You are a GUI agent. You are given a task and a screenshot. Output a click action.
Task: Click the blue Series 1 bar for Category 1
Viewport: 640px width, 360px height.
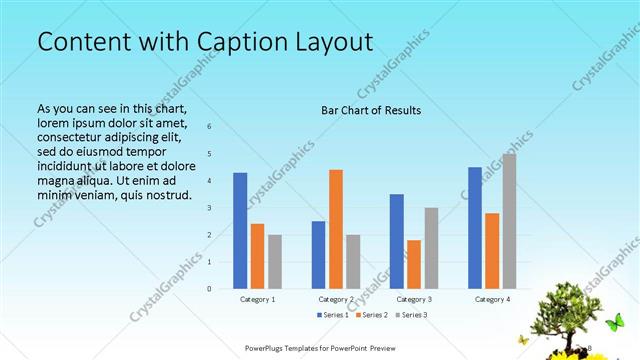[240, 230]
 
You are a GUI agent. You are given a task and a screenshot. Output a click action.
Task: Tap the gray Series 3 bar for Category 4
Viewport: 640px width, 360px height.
[509, 221]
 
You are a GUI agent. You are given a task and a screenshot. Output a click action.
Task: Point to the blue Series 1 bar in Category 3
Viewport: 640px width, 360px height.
[397, 240]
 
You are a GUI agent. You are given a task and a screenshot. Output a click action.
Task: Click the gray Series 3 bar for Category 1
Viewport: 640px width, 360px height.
[275, 261]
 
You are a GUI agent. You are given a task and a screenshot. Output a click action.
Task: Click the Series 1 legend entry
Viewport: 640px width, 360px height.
[334, 315]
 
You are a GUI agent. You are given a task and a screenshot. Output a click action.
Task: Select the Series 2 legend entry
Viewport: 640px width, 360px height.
[371, 315]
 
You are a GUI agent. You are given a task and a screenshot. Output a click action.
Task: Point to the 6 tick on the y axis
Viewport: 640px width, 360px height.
[210, 126]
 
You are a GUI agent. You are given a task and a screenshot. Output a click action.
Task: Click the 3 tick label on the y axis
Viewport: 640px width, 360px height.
[210, 207]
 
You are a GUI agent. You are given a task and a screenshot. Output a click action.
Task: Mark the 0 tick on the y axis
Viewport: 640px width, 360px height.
[210, 288]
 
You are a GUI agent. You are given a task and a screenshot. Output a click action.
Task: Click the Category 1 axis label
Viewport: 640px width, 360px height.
[258, 299]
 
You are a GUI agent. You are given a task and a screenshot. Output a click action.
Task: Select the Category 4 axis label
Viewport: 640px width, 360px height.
[492, 299]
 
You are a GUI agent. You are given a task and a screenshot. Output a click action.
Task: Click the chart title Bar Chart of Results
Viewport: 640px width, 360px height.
[370, 110]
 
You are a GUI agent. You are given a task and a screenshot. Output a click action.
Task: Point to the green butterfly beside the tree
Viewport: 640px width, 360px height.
[616, 321]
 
